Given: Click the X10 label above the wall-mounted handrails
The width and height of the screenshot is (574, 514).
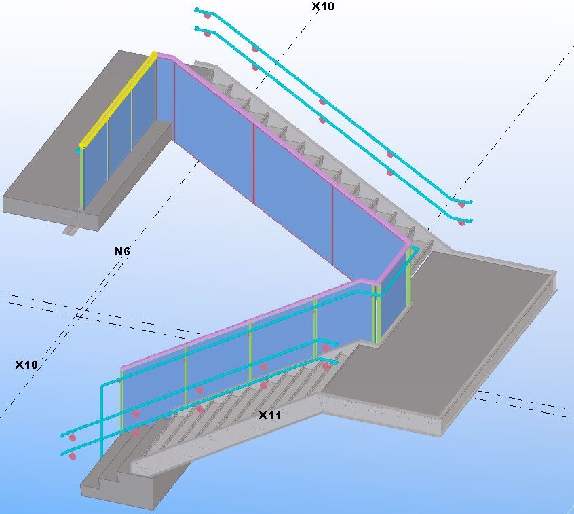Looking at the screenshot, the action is [322, 6].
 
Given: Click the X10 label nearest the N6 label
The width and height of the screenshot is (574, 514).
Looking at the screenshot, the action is [26, 365].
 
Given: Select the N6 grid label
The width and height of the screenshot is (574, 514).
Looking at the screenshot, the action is [122, 251].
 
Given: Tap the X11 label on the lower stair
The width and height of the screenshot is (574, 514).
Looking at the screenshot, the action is [270, 415].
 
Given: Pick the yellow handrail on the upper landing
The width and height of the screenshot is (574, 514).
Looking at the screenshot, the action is [118, 100].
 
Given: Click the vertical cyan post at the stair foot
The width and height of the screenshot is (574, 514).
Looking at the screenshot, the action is [102, 421].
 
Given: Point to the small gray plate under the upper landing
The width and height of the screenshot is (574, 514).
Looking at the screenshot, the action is [71, 230].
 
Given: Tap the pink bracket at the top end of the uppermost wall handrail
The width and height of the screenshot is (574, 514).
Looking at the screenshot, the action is [207, 16].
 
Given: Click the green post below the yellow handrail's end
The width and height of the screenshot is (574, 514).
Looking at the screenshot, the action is [81, 179].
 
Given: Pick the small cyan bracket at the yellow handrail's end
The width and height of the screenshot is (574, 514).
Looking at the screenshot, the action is [78, 151].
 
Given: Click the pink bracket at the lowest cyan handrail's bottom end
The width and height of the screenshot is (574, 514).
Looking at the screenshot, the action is [73, 456].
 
